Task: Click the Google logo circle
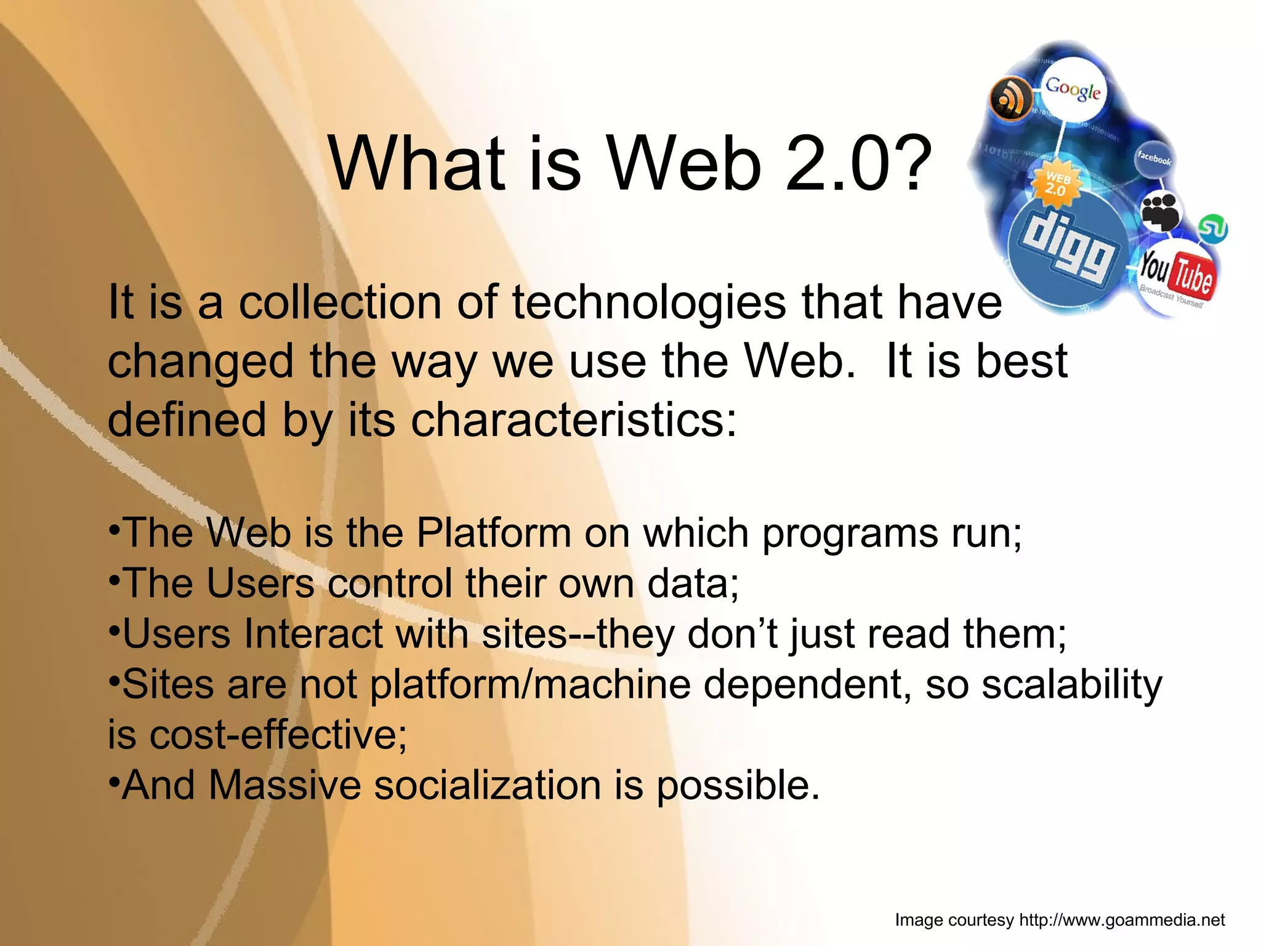(1073, 91)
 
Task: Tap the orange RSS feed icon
(1010, 99)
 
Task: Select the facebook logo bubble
(1154, 158)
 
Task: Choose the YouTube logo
(1175, 275)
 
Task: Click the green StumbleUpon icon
(1212, 228)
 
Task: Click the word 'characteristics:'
(573, 419)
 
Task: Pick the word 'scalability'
(1071, 685)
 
